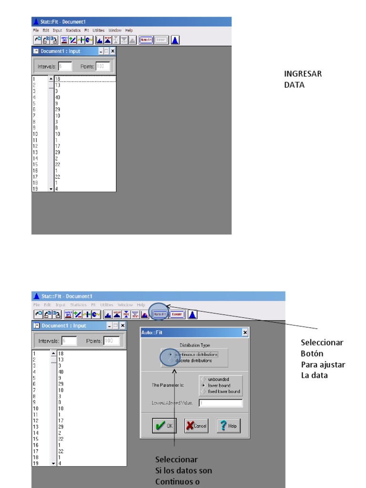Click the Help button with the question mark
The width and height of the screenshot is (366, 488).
(228, 426)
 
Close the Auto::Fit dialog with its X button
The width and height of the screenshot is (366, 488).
(245, 332)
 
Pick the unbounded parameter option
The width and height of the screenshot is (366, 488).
(204, 379)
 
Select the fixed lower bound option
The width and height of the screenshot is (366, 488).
(204, 391)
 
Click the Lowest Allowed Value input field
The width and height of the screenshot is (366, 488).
(221, 403)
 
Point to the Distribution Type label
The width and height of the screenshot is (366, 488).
(194, 345)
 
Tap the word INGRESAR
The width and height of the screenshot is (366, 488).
(303, 74)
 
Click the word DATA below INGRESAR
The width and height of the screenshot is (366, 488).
(294, 86)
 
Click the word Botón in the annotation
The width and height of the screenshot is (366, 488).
(312, 354)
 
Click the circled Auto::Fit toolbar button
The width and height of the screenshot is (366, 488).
(160, 314)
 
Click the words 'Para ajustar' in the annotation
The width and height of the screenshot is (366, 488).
(323, 365)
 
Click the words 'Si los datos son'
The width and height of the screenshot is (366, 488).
(183, 470)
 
